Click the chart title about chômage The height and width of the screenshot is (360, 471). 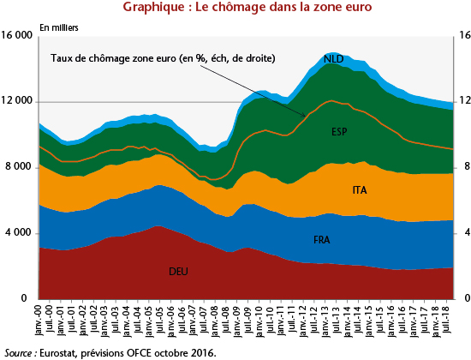(x=247, y=7)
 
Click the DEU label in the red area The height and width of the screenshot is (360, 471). (x=178, y=271)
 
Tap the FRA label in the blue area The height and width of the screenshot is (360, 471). (x=322, y=240)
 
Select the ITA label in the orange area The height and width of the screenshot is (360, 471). (x=360, y=190)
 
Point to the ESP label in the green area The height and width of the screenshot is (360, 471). (x=339, y=131)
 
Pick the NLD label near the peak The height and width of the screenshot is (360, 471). (x=333, y=58)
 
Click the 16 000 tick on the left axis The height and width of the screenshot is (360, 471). (x=17, y=35)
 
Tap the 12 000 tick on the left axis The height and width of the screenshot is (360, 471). (x=17, y=101)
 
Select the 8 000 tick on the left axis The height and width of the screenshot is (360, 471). (x=19, y=166)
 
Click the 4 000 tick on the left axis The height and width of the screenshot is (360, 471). (x=19, y=232)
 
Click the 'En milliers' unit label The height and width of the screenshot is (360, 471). (x=59, y=27)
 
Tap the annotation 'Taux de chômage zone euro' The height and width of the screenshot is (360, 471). (x=113, y=58)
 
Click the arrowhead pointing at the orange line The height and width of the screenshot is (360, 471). (x=304, y=115)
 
